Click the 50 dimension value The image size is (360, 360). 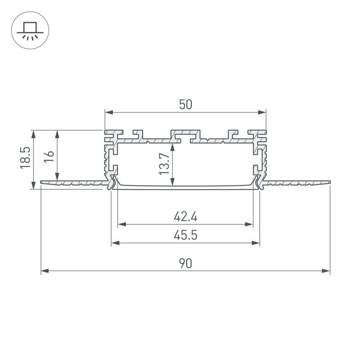pos(185,105)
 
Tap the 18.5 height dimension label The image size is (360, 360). pos(25,158)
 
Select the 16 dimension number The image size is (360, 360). pos(49,157)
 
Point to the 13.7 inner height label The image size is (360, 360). pos(164,164)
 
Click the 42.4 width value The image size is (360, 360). pos(185,216)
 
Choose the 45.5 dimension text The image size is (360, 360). pos(185,235)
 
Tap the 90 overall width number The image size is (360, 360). pos(185,264)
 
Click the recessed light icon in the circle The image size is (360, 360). pos(30,31)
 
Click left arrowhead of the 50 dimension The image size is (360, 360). pos(109,112)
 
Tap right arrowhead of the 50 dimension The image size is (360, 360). pos(262,112)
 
